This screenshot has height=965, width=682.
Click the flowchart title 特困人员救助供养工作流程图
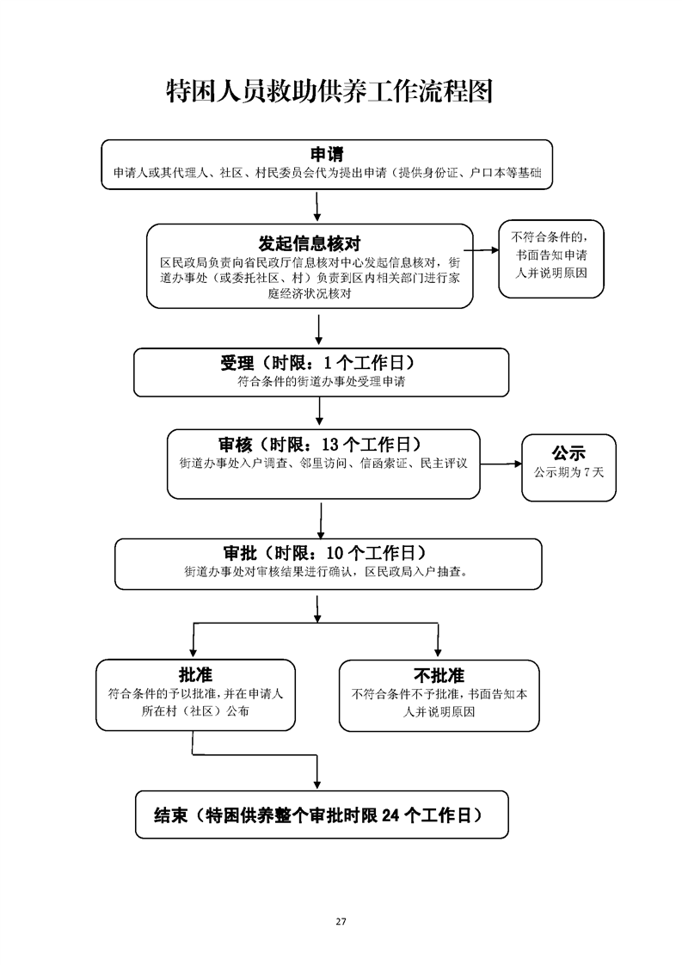pyautogui.click(x=330, y=92)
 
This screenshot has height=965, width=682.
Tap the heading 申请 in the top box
pyautogui.click(x=327, y=154)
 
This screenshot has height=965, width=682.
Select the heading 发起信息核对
pyautogui.click(x=310, y=243)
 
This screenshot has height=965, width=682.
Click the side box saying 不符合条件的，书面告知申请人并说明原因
pyautogui.click(x=551, y=259)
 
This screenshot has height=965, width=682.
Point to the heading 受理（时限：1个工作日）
pyautogui.click(x=318, y=362)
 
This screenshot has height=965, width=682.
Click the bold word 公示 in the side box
pyautogui.click(x=568, y=453)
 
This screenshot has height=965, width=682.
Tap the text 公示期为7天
pyautogui.click(x=568, y=473)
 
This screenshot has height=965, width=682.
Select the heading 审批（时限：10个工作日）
pyautogui.click(x=325, y=553)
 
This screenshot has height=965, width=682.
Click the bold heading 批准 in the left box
pyautogui.click(x=196, y=675)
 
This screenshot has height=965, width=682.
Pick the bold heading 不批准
pyautogui.click(x=439, y=676)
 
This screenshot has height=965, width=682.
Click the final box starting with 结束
pyautogui.click(x=322, y=814)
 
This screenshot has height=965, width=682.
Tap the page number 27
pyautogui.click(x=341, y=921)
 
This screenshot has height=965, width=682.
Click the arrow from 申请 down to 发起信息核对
pyautogui.click(x=317, y=206)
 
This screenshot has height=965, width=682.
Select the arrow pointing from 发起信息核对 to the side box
pyautogui.click(x=482, y=250)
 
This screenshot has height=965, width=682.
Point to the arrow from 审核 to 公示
pyautogui.click(x=501, y=464)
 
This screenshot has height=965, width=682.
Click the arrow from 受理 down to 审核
pyautogui.click(x=319, y=411)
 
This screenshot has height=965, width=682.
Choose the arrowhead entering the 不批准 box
pyautogui.click(x=438, y=652)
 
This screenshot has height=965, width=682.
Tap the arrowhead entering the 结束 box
pyautogui.click(x=317, y=784)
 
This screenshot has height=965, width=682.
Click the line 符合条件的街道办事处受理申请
pyautogui.click(x=322, y=382)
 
